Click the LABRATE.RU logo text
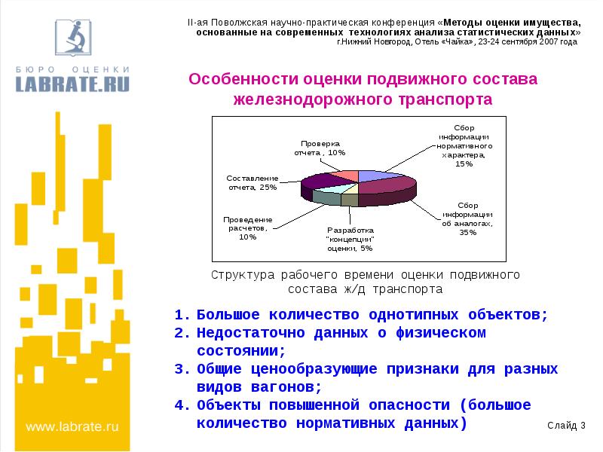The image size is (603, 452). pyautogui.click(x=73, y=83)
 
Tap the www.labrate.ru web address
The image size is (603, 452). pyautogui.click(x=73, y=426)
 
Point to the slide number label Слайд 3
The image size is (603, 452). pyautogui.click(x=567, y=426)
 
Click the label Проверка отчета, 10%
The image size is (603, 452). pyautogui.click(x=320, y=148)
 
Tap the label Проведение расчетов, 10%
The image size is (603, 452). pyautogui.click(x=247, y=228)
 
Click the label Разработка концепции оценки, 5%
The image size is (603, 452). pyautogui.click(x=350, y=239)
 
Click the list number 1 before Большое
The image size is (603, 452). pyautogui.click(x=179, y=314)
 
